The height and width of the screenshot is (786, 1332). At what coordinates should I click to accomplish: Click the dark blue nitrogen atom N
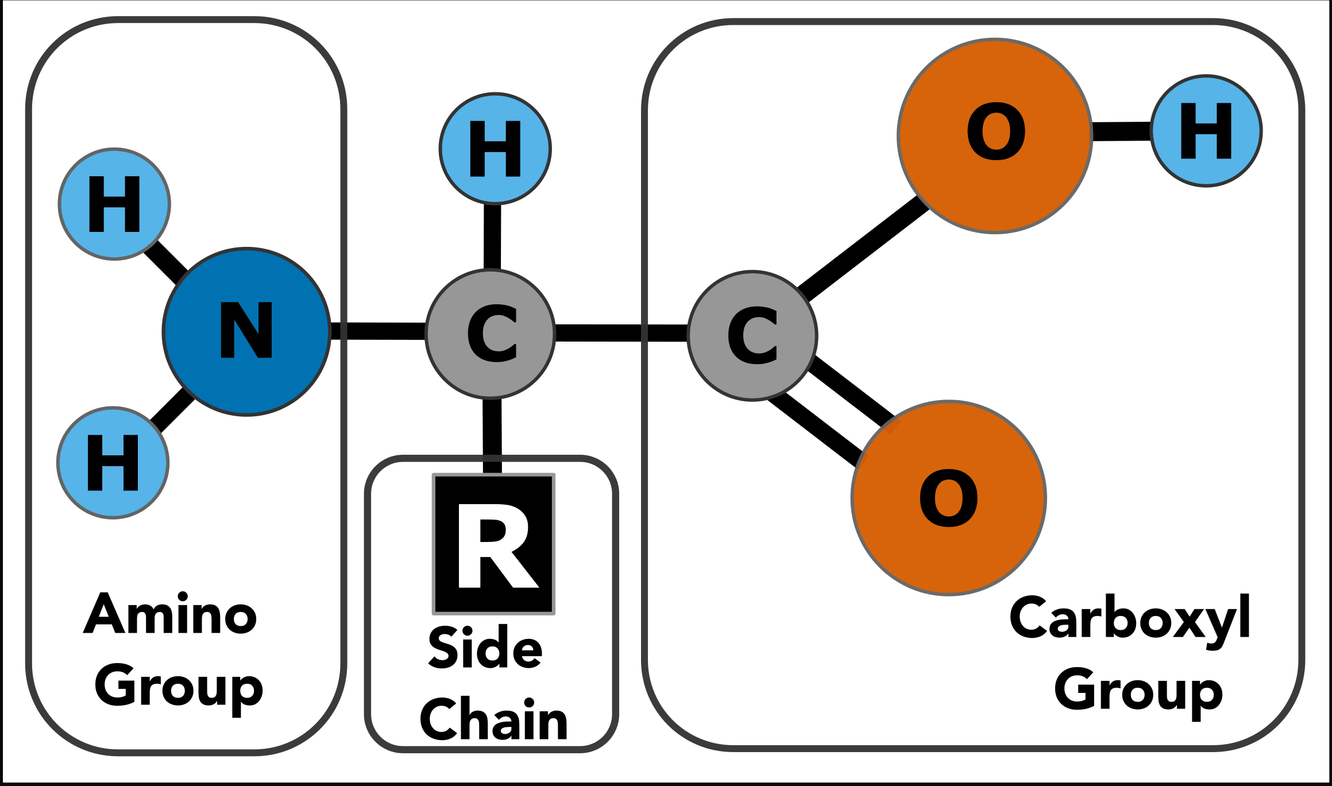(x=247, y=331)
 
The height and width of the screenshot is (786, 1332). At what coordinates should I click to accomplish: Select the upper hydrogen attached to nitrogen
(x=114, y=204)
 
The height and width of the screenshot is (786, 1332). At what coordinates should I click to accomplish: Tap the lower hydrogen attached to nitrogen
(x=113, y=463)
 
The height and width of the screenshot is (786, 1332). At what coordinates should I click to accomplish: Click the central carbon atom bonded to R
(x=491, y=334)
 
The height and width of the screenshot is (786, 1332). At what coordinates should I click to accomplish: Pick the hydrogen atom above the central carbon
(x=495, y=149)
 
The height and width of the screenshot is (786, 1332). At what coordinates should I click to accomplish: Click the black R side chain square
(x=494, y=544)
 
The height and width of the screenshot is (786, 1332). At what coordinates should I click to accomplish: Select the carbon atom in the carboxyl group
(x=752, y=335)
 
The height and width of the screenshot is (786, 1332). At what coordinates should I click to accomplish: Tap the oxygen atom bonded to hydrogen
(x=995, y=136)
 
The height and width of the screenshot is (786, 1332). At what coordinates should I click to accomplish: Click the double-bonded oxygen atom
(x=949, y=498)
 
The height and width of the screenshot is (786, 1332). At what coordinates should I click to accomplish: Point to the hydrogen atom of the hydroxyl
(x=1206, y=131)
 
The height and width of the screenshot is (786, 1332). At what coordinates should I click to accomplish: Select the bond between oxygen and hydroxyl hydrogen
(x=1122, y=131)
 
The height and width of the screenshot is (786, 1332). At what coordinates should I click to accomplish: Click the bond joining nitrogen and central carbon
(x=379, y=331)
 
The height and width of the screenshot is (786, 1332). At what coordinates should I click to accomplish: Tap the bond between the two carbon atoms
(x=621, y=333)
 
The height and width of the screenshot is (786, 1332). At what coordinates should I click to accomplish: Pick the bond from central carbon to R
(x=492, y=436)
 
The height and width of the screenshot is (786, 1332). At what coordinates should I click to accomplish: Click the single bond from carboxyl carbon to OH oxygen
(x=863, y=248)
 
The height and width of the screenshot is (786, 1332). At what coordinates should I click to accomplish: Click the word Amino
(x=170, y=613)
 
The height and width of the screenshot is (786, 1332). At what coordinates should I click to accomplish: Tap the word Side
(x=485, y=647)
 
